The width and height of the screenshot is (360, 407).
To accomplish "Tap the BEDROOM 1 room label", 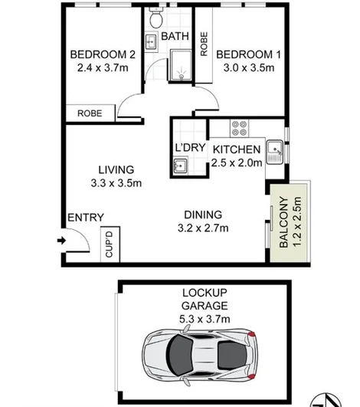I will coord(244,54).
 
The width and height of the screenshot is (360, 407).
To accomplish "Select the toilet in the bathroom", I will coord(155,17).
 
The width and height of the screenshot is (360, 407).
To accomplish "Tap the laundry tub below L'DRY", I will coord(181,165).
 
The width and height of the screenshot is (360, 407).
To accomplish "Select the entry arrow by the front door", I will coord(62,241).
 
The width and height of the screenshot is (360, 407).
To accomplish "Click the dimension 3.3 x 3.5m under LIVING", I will coord(116,182).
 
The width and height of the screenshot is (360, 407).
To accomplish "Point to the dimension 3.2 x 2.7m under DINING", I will coord(202,228).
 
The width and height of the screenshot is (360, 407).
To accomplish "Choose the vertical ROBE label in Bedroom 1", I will coord(204,45).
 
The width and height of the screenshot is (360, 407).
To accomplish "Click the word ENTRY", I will coord(85,218).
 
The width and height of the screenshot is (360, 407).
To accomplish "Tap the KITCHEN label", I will coord(237,149).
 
